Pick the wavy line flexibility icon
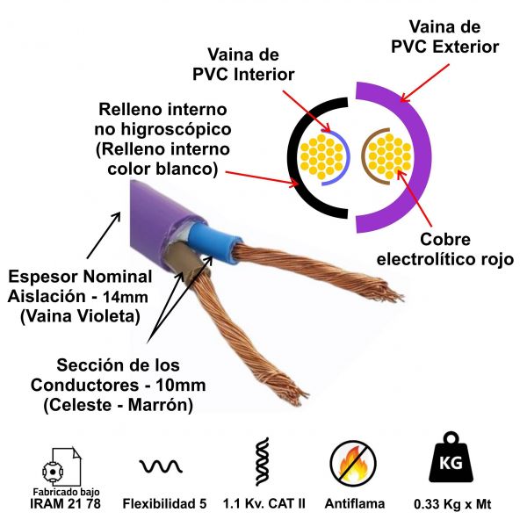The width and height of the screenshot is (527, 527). tap(160, 465)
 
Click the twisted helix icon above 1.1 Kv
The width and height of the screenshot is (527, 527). tap(261, 462)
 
